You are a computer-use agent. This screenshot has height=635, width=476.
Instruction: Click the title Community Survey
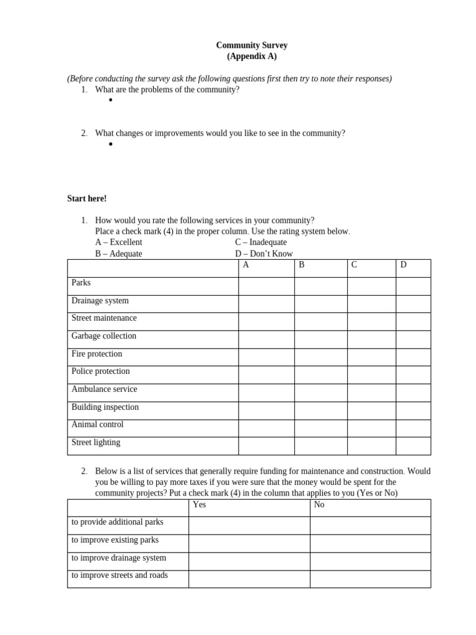[x=252, y=45]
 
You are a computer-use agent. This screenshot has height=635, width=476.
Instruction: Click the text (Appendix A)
[x=252, y=56]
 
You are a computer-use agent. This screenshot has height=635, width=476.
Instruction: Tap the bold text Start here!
[x=87, y=198]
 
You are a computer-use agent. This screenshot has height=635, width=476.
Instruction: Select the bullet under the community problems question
[x=110, y=100]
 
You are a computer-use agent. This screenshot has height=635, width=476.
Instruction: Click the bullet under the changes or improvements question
[x=110, y=144]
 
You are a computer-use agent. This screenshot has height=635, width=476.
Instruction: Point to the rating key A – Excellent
[x=118, y=242]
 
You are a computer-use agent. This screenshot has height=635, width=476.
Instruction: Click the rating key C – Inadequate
[x=260, y=242]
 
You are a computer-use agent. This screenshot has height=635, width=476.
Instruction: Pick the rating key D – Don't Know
[x=263, y=254]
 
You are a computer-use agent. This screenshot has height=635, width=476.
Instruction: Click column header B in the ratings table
[x=301, y=265]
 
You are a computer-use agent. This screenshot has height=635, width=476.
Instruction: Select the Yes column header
[x=199, y=505]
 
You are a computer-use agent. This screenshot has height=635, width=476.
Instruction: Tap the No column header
[x=319, y=505]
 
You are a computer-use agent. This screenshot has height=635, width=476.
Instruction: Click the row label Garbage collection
[x=104, y=336]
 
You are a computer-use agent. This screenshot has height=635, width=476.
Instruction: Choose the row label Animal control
[x=97, y=425]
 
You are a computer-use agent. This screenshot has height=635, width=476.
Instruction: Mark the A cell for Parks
[x=266, y=286]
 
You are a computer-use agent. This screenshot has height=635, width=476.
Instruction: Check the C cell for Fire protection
[x=371, y=357]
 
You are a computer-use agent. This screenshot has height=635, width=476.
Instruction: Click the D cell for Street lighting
[x=413, y=446]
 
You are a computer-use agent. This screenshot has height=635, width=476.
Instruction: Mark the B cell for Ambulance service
[x=320, y=393]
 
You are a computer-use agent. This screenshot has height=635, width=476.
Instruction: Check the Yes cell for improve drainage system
[x=249, y=561]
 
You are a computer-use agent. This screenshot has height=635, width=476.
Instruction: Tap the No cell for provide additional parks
[x=370, y=525]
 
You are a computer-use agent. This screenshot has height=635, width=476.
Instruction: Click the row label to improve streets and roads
[x=120, y=575]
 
